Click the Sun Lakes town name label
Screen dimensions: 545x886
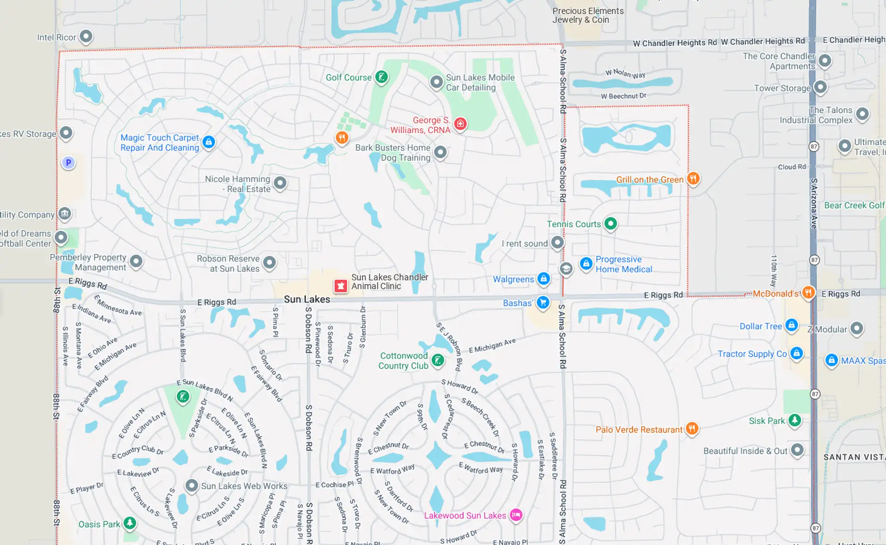click(307, 299)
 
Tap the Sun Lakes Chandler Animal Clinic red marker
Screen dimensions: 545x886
click(341, 286)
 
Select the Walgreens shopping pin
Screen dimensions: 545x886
click(543, 279)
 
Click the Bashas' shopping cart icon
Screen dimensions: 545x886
click(543, 303)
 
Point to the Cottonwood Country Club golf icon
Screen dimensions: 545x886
click(437, 360)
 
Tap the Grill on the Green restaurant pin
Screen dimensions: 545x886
click(693, 178)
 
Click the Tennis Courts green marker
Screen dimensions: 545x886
click(610, 224)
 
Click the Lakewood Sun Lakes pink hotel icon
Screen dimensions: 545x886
click(516, 515)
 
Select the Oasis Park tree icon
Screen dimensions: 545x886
click(130, 523)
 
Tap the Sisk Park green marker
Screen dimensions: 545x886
click(794, 420)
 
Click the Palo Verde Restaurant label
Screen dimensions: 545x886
click(639, 430)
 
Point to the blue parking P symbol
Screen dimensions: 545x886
click(68, 163)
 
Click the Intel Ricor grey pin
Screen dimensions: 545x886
click(86, 36)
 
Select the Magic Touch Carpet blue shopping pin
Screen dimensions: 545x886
click(209, 142)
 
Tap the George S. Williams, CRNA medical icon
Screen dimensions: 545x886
click(460, 124)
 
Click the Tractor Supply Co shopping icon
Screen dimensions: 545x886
click(796, 353)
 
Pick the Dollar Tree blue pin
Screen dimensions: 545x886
click(791, 325)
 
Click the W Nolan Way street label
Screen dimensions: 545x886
click(625, 73)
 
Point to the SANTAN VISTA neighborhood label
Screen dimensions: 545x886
click(854, 457)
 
